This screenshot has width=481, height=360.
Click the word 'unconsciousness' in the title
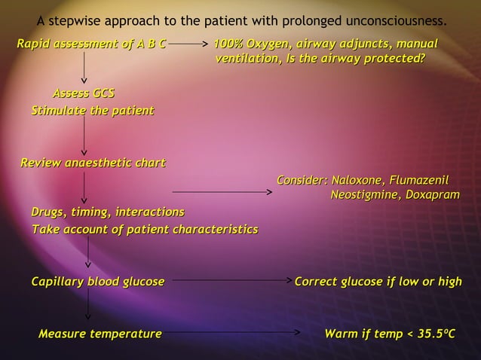[x=399, y=19]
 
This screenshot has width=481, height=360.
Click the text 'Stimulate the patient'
[x=92, y=111]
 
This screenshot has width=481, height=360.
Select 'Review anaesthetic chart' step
[x=92, y=163]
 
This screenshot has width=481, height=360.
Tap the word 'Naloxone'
[x=357, y=181]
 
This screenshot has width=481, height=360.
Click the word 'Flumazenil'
[x=418, y=181]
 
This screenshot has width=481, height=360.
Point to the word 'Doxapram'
[x=431, y=196]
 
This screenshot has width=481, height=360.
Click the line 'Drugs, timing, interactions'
[x=107, y=211]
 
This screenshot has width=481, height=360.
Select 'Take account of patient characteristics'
[x=144, y=229]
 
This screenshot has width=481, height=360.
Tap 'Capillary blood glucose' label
[x=97, y=282]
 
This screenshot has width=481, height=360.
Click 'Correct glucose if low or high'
[x=378, y=282]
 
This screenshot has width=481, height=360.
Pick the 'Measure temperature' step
[x=100, y=333]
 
